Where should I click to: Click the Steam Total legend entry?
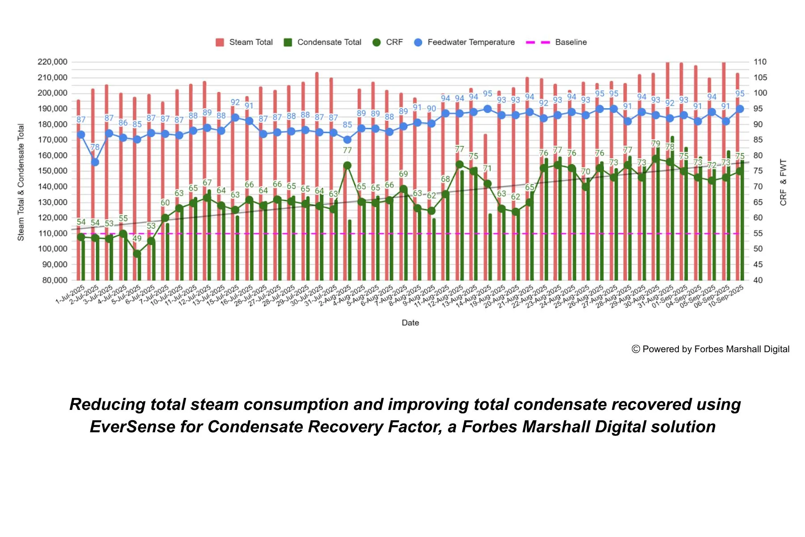[245, 42]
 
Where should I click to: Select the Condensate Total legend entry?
[323, 42]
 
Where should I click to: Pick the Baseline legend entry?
[557, 42]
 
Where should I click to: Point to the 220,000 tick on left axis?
[52, 62]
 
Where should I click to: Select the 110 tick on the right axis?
[759, 62]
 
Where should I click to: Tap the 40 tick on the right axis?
[758, 280]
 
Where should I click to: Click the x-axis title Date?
[410, 323]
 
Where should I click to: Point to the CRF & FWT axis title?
[783, 182]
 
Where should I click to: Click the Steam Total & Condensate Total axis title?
[21, 182]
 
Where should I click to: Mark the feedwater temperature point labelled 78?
[95, 162]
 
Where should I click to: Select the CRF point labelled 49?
[137, 254]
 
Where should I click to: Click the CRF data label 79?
[655, 144]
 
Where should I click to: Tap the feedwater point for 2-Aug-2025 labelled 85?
[347, 140]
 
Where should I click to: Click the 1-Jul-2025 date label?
[71, 294]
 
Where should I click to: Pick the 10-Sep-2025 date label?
[726, 294]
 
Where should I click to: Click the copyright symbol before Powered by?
[636, 349]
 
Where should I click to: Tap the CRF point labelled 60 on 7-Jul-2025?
[165, 218]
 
